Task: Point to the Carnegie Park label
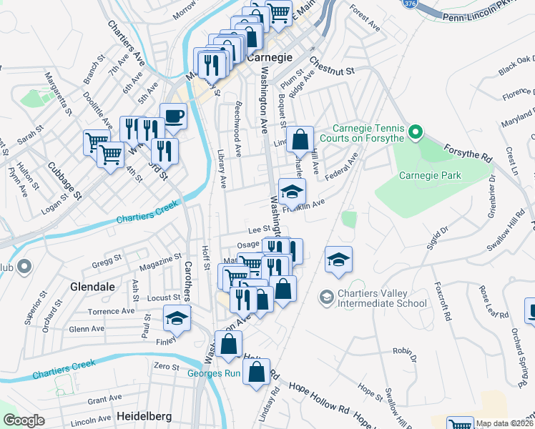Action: (430, 175)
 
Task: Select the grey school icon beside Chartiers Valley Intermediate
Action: (326, 296)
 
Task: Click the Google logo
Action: (24, 420)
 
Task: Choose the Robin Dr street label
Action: (404, 352)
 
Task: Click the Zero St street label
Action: (166, 366)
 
